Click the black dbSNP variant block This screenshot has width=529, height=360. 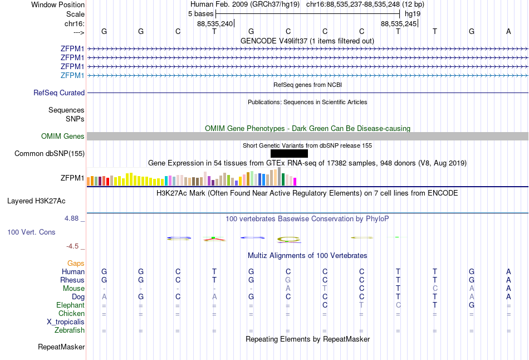coord(289,153)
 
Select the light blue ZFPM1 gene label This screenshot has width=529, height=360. coord(72,75)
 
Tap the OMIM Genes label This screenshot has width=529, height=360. coord(63,137)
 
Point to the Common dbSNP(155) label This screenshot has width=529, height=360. coord(50,153)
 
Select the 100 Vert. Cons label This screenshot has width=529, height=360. coord(31,232)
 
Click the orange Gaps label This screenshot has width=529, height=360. coord(76,263)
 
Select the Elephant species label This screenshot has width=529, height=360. coord(70,305)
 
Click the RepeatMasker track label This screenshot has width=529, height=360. coord(61,347)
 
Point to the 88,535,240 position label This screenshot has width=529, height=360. coord(215,24)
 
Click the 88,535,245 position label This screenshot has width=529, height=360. coord(399,24)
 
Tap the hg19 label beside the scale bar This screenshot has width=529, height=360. coord(413,13)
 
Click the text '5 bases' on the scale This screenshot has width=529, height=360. coord(200,13)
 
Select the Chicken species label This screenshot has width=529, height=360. coord(71,314)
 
